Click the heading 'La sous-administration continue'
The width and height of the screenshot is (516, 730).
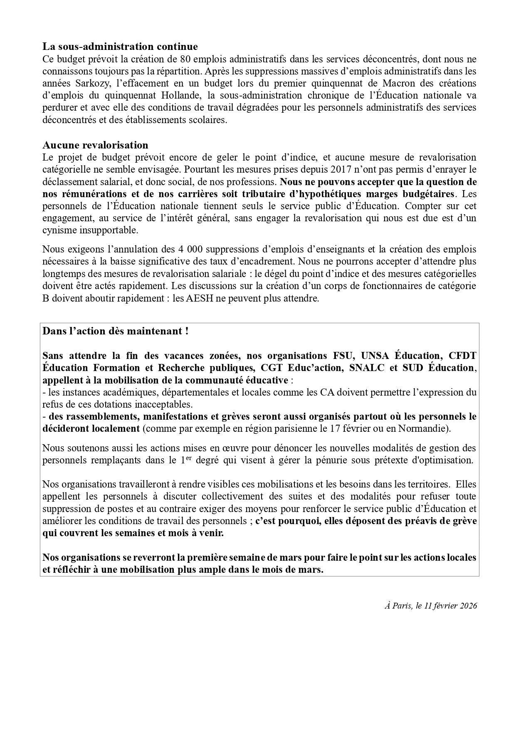120,46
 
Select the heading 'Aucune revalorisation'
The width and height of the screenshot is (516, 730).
95,145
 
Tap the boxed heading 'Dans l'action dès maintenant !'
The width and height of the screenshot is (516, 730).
116,332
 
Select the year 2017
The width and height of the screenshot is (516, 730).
342,170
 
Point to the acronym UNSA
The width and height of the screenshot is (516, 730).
375,356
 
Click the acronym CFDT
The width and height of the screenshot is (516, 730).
463,356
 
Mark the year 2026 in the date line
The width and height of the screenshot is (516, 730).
467,606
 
